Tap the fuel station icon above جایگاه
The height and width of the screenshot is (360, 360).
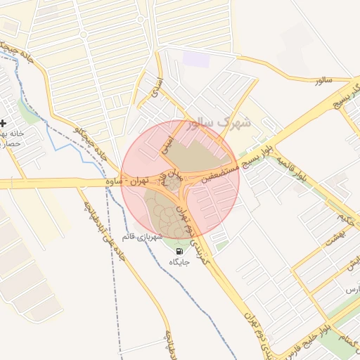point(179,251)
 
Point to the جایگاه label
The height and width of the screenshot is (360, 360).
point(179,262)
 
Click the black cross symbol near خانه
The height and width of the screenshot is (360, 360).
point(3,123)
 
